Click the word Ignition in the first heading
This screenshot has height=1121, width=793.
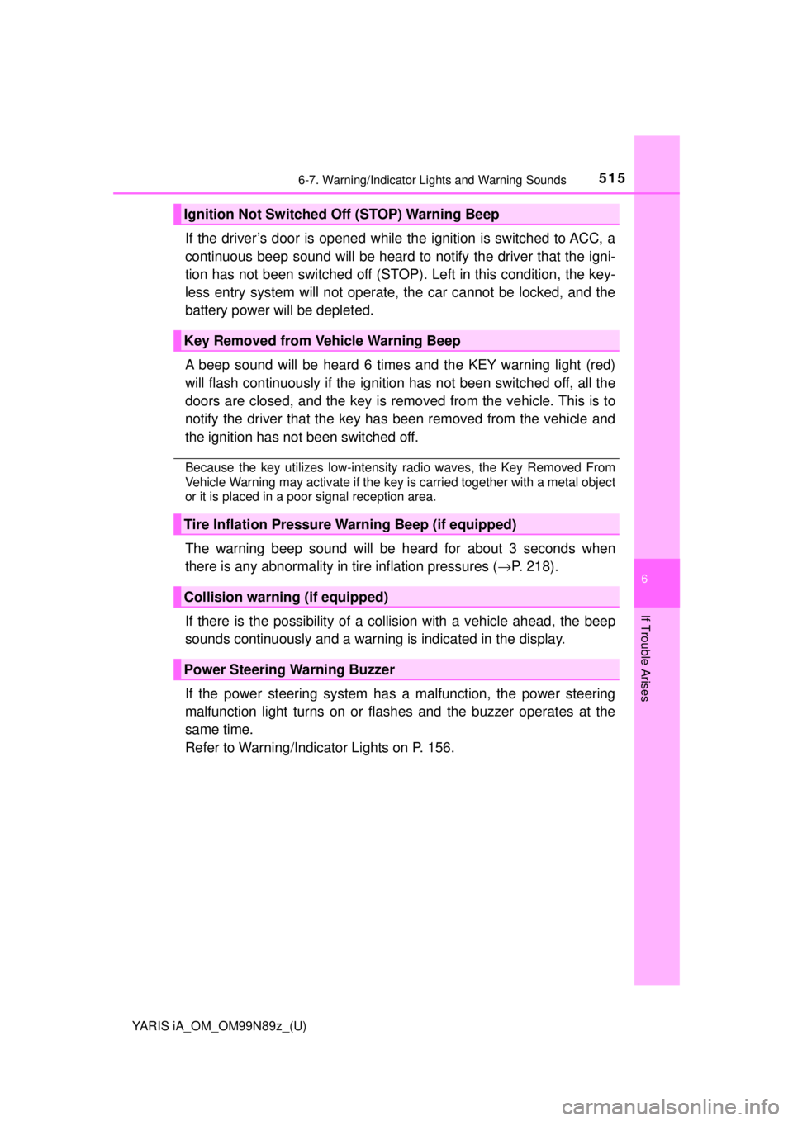[208, 215]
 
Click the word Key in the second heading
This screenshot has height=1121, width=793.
[196, 341]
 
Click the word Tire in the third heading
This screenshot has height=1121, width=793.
[197, 524]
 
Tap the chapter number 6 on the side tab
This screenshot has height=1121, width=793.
[644, 579]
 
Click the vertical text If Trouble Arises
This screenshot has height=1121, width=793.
[645, 658]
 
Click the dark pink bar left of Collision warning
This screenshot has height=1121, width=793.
[176, 597]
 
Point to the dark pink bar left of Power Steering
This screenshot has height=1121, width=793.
[176, 669]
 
